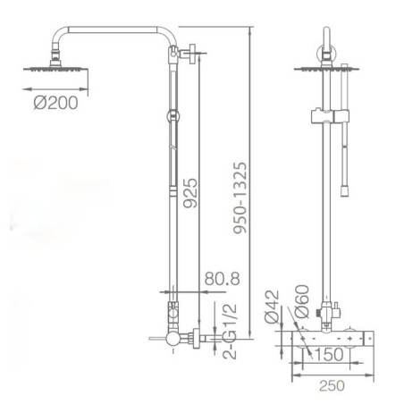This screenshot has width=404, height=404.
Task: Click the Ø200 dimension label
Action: (55, 103)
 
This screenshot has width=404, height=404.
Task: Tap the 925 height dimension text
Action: (190, 193)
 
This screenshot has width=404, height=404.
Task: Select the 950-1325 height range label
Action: (240, 198)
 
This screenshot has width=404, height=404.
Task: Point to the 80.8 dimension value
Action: (222, 279)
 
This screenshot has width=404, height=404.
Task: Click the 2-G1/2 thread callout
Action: (230, 331)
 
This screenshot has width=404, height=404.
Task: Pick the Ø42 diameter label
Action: (273, 307)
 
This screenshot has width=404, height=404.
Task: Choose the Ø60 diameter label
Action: (301, 301)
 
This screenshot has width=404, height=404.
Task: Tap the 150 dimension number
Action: (329, 355)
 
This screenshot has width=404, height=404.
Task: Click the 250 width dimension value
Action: (332, 386)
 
